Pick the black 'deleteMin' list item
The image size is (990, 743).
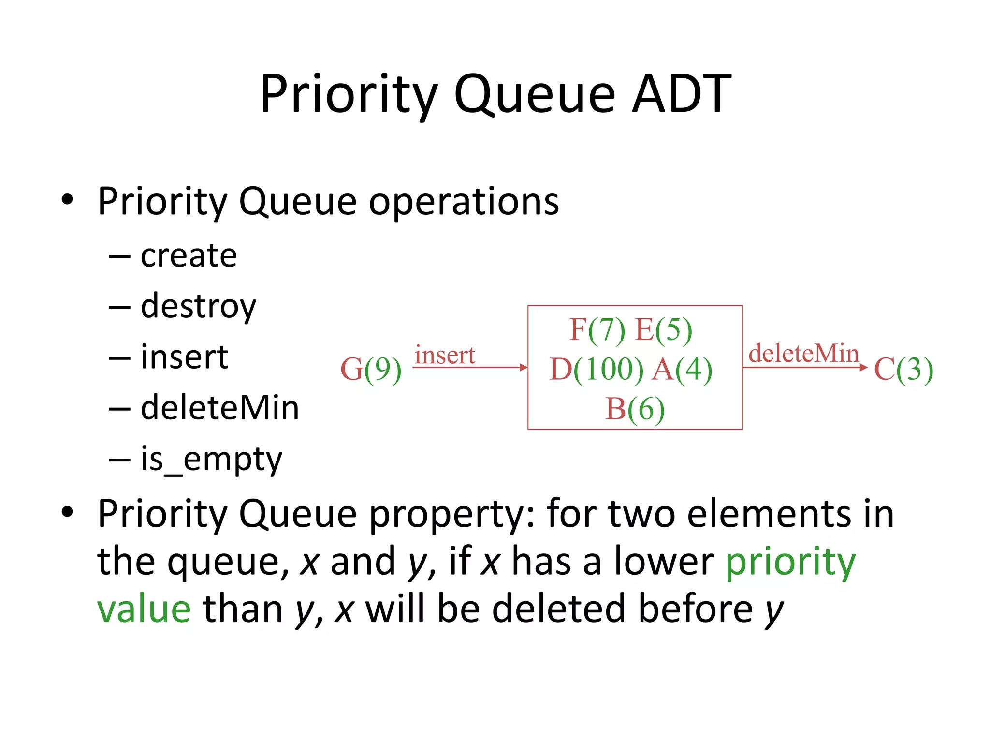(x=220, y=408)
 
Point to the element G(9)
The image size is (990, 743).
(x=371, y=370)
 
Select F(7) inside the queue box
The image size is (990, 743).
(x=597, y=330)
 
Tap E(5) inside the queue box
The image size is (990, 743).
(x=663, y=330)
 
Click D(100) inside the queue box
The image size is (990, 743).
(x=597, y=370)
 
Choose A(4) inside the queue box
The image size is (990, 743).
(x=682, y=370)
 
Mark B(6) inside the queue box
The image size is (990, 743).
(x=635, y=409)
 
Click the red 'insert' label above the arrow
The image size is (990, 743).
(x=445, y=356)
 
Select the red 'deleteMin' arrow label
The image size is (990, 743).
(x=803, y=353)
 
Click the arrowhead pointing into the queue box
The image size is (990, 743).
(x=523, y=368)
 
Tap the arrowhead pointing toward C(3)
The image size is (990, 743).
(x=863, y=368)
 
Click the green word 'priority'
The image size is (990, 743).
(x=791, y=562)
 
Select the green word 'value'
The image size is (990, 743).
(x=144, y=609)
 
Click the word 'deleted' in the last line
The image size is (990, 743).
(x=558, y=609)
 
